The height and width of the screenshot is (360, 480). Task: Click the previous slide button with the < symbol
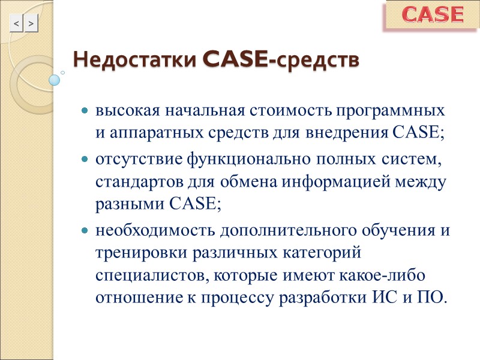[x=16, y=23]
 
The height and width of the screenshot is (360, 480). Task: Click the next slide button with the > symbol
[x=31, y=23]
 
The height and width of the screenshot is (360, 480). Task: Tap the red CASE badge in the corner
[x=432, y=15]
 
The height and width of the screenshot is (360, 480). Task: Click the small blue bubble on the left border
[x=55, y=79]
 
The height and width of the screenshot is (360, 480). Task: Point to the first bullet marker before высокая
[x=85, y=112]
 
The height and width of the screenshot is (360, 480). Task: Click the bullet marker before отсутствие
[x=85, y=161]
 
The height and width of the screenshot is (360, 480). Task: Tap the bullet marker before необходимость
[x=85, y=231]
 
